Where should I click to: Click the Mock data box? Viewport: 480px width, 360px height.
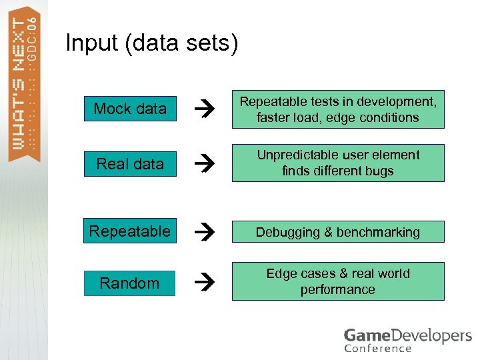[x=130, y=109]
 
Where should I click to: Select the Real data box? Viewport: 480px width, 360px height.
[x=130, y=163]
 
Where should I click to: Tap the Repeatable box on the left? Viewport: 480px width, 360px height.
[x=130, y=231]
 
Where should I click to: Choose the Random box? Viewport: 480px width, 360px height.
[x=129, y=283]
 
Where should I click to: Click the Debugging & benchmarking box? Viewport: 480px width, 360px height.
[x=338, y=232]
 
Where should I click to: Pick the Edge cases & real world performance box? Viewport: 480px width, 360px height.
[x=338, y=281]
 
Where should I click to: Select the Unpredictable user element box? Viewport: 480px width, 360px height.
[x=338, y=163]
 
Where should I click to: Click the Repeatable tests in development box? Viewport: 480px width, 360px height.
[x=338, y=109]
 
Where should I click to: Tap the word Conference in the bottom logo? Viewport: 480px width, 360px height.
[x=378, y=347]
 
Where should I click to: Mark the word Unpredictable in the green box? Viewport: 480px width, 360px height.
[x=301, y=155]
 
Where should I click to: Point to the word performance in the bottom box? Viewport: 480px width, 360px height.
[x=337, y=289]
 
